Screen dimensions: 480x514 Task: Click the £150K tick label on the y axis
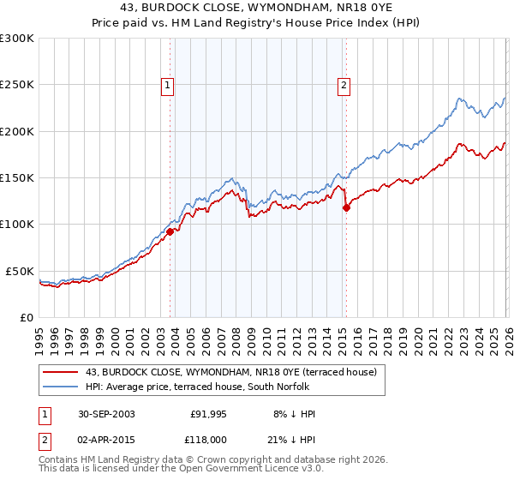coord(17,178)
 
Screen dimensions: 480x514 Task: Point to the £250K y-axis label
coord(17,85)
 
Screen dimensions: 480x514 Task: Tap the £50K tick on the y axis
coord(20,271)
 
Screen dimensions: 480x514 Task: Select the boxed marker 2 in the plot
coord(344,85)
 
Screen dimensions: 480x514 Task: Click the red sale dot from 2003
coord(170,231)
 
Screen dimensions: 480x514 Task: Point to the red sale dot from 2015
coord(346,207)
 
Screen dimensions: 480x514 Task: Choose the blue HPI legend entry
coord(202,387)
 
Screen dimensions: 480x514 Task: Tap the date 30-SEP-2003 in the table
coord(105,414)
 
